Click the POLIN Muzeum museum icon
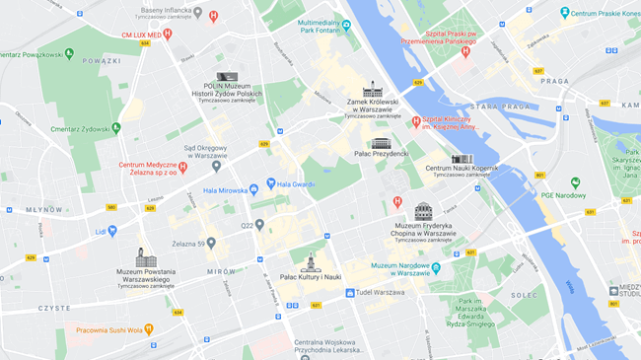pos(227,76)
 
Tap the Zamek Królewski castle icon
pos(372,90)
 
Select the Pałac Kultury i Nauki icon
pos(310,263)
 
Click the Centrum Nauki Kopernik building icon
pos(462,159)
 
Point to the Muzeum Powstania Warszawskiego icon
pos(146,257)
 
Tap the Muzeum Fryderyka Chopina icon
pos(423,211)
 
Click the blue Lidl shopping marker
pos(112,231)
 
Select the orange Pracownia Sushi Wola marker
pos(149,329)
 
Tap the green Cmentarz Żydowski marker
pos(116,128)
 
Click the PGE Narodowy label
pos(563,195)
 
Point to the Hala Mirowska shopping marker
pos(253,186)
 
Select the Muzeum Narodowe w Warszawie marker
pos(435,267)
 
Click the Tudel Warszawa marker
pos(349,293)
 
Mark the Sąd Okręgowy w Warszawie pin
pos(216,166)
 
